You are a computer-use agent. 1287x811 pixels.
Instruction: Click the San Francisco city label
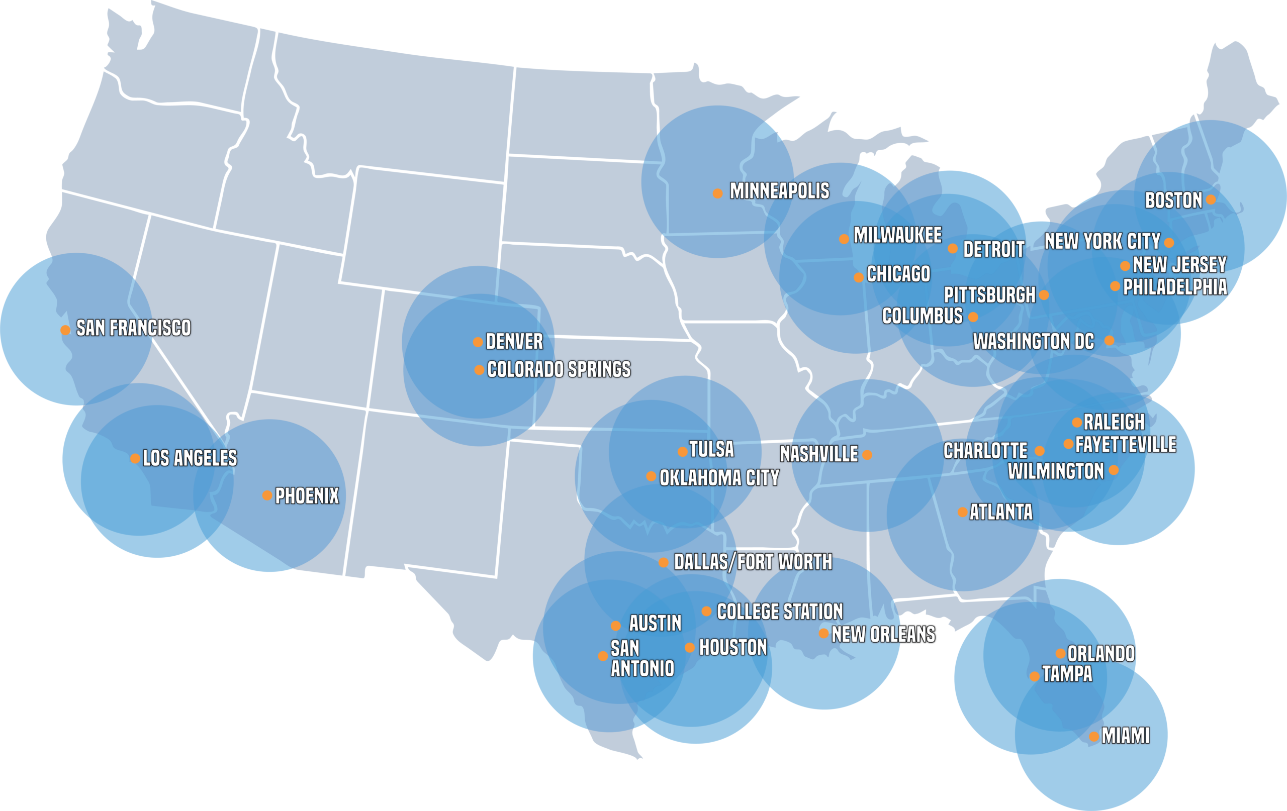tap(133, 328)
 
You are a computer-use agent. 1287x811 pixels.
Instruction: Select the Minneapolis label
tap(779, 191)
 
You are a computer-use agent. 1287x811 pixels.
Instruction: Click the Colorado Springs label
tap(559, 370)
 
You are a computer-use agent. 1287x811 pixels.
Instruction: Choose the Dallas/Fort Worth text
tap(753, 562)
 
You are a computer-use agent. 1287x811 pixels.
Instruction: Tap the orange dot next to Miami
tap(1094, 737)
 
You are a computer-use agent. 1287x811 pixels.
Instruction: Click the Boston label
tap(1173, 200)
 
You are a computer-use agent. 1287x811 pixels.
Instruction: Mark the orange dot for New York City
tap(1169, 243)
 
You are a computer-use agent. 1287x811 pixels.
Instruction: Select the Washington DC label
tap(1033, 341)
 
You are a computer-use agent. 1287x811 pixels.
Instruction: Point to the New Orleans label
tap(883, 635)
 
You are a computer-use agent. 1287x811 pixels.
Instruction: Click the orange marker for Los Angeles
tap(135, 458)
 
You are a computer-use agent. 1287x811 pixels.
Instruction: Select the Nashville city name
tap(818, 454)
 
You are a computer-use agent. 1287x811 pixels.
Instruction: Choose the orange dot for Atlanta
tap(962, 513)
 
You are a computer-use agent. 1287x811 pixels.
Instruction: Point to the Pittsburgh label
tap(989, 295)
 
